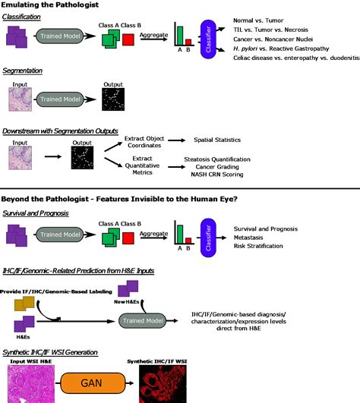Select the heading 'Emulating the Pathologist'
point(52,6)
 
